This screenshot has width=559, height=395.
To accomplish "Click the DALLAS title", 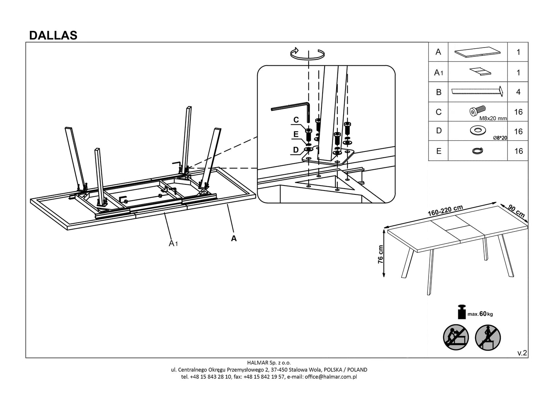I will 53,35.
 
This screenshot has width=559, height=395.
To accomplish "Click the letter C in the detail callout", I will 296,120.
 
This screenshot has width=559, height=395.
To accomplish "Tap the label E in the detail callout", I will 296,134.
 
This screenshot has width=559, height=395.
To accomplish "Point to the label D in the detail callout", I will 296,150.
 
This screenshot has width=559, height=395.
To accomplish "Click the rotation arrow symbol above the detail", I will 307,54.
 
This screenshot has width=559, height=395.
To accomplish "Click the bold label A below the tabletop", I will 234,238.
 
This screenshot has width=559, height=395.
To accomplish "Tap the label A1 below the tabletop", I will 173,243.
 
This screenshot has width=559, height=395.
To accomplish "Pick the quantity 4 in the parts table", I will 518,92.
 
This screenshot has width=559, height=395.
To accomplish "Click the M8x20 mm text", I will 492,119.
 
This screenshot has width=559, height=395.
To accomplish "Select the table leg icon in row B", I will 477,92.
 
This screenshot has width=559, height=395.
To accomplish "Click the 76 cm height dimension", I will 381,254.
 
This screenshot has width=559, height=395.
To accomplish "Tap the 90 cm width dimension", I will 516,211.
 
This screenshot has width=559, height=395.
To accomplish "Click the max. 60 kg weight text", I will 480,314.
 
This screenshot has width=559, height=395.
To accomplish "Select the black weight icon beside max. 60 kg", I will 462,312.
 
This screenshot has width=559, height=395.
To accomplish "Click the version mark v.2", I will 522,352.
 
